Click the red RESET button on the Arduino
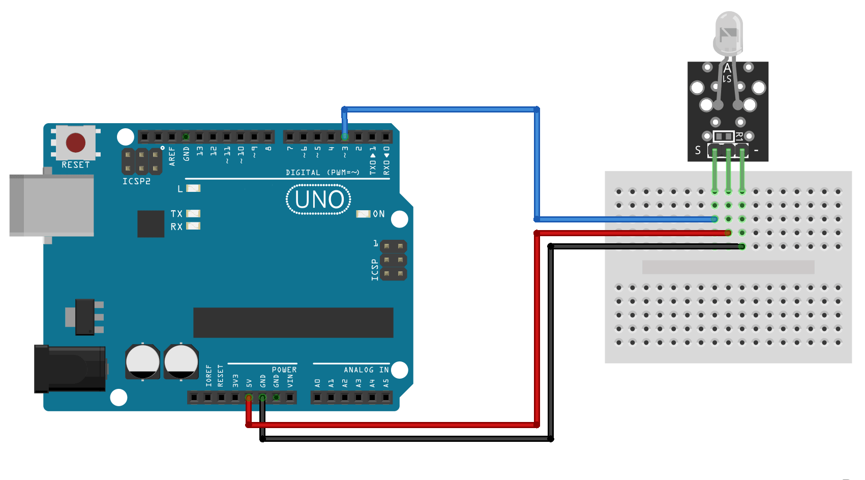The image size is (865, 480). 76,143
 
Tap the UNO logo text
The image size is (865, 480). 319,200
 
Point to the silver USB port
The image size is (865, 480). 52,205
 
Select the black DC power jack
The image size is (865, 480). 70,369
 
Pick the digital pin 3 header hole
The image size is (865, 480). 345,137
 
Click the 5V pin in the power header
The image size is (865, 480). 249,398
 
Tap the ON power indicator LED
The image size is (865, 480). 363,214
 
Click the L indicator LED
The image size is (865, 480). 193,188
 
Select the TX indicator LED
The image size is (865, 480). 193,213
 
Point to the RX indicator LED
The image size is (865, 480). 193,226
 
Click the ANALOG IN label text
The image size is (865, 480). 366,370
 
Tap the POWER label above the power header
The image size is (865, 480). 284,370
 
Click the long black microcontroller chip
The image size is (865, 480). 293,323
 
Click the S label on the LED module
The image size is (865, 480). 698,150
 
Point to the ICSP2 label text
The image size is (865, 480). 136,181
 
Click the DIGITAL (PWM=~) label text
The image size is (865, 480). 322,173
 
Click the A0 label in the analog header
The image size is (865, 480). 317,383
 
